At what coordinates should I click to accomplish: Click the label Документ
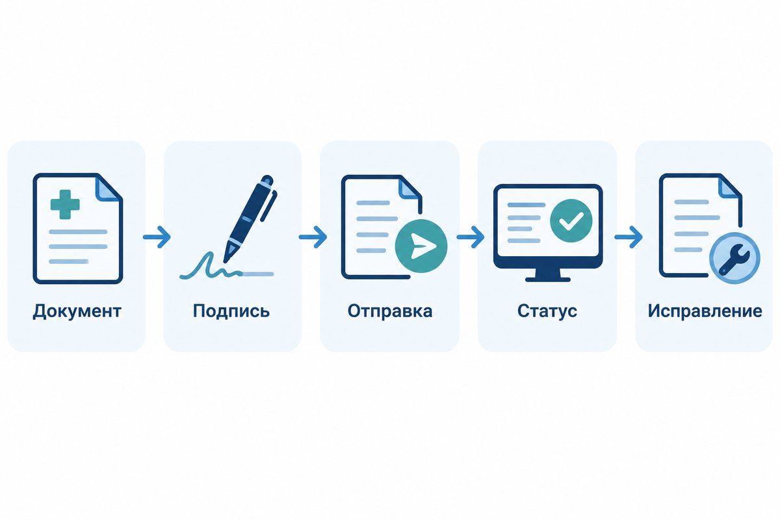(x=77, y=311)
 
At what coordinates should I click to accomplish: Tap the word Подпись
(x=231, y=311)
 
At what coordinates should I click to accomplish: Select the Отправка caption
(x=390, y=311)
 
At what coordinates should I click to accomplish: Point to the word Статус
(x=547, y=311)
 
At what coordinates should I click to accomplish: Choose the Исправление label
(x=705, y=311)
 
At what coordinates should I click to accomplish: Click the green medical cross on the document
(x=65, y=205)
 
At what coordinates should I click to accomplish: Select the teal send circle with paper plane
(x=421, y=246)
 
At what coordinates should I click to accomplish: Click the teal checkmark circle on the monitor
(x=571, y=221)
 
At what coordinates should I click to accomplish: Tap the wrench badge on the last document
(x=734, y=259)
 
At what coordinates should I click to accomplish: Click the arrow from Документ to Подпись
(x=157, y=237)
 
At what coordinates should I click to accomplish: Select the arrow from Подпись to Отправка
(x=313, y=237)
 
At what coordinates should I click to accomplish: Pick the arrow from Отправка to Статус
(x=471, y=237)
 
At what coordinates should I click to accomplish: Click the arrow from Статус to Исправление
(x=628, y=237)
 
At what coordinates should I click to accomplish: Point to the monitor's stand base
(x=548, y=279)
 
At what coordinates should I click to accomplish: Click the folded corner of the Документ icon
(x=109, y=188)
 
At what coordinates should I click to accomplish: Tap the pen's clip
(x=268, y=205)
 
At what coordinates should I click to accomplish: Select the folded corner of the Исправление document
(x=729, y=187)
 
